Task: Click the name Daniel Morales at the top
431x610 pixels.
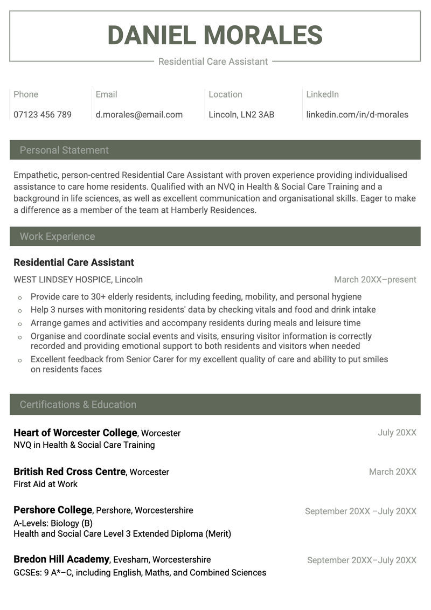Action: coord(215,36)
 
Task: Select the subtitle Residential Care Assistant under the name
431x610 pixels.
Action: coord(213,61)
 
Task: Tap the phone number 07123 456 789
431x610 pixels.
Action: coord(43,114)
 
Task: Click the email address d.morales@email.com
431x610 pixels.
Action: coord(139,114)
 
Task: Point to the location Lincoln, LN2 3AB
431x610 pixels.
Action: coord(241,114)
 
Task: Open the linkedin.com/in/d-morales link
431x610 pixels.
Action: coord(357,114)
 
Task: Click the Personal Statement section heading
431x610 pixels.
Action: coord(64,150)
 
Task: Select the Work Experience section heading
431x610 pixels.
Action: coord(57,237)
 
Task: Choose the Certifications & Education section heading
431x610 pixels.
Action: coord(78,405)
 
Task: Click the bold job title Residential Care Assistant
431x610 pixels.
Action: coord(74,262)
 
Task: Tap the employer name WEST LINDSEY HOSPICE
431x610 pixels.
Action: coord(63,280)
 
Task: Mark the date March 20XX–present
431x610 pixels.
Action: coord(375,280)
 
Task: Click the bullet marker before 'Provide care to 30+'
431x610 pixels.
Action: coord(20,297)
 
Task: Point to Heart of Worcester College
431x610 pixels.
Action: coord(75,433)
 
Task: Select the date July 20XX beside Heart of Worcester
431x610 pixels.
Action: coord(397,433)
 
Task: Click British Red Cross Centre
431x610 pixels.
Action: coord(69,472)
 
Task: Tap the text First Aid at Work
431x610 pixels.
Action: coord(46,484)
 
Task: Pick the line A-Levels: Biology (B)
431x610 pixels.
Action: coord(53,523)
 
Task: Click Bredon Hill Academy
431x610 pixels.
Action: coord(62,559)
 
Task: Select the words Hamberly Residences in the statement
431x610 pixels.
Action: coord(213,210)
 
